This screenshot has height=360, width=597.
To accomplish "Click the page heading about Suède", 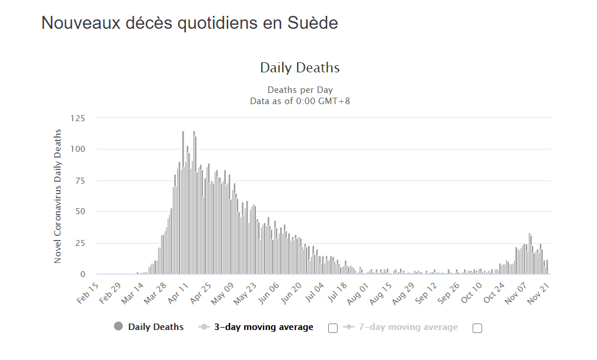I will pos(189,24).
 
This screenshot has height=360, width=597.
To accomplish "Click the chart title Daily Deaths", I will pos(300,68).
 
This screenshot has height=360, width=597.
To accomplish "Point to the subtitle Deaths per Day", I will pos(300,90).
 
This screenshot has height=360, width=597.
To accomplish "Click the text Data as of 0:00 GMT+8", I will pos(300,101).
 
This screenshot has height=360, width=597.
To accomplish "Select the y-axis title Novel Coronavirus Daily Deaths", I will pos(58,196).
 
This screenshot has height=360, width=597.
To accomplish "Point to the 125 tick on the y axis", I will pos(78,118).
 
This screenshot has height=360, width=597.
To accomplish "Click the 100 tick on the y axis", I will pos(78,149).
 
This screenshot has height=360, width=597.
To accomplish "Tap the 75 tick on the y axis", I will pos(80,180).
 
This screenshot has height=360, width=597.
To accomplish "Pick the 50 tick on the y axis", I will pos(80,211).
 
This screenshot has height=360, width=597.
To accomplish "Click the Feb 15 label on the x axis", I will pos(88,293).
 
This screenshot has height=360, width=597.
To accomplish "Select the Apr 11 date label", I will pos(178,293).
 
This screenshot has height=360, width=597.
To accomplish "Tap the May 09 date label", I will pos(222,293).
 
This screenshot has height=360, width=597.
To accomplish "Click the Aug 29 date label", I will pos(403,293).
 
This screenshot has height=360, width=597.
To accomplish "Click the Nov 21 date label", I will pos(539,293).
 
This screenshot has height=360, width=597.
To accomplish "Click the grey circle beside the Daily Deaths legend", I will pos(119,327).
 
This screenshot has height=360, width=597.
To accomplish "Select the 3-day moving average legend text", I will pos(264,327).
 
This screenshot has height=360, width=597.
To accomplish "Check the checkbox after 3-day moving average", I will pos(333,328).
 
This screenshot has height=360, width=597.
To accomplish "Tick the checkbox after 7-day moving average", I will pos(477,328).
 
